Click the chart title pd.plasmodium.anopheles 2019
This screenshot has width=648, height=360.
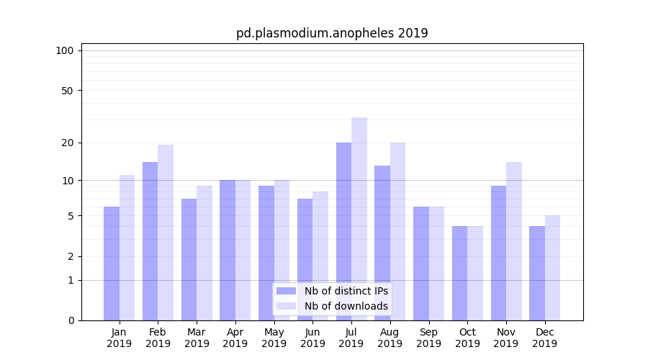(332, 33)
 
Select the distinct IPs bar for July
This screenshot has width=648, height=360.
(343, 231)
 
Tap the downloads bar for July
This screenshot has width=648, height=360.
(359, 219)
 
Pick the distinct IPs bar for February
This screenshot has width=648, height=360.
(150, 241)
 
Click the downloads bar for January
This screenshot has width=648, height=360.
(127, 248)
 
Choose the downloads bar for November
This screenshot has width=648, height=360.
(514, 241)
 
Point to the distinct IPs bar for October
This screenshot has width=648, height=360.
(459, 273)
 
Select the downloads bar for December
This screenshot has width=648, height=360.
(552, 268)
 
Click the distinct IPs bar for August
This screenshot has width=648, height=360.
(382, 243)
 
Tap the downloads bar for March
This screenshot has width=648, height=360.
(204, 253)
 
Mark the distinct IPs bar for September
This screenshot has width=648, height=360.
(421, 264)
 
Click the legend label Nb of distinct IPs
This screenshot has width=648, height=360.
(346, 291)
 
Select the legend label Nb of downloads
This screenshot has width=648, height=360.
(346, 306)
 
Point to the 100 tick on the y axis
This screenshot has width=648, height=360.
(65, 50)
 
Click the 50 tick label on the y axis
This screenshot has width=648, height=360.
(68, 91)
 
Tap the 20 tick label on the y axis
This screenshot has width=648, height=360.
(68, 143)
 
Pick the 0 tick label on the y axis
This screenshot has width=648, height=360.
(71, 320)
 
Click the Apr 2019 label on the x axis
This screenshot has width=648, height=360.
(235, 338)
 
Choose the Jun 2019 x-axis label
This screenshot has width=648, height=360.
(312, 338)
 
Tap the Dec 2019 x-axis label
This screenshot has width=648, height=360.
(545, 338)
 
